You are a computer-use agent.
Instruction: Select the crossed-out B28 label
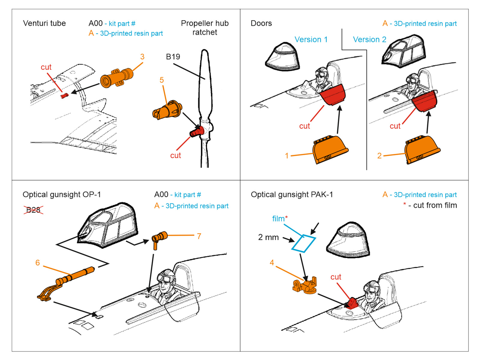pos(33,210)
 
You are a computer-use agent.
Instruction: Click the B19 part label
pos(173,57)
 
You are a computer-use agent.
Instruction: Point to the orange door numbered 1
pos(330,149)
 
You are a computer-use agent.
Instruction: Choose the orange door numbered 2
pos(422,149)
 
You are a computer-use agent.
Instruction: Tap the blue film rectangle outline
pos(304,243)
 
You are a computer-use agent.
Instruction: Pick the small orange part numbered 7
pos(159,239)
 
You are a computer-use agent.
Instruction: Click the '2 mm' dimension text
pos(268,237)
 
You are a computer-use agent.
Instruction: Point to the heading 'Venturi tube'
pos(44,23)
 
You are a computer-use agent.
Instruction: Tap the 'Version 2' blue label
pos(369,40)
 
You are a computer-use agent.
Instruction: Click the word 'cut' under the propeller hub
pos(175,155)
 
